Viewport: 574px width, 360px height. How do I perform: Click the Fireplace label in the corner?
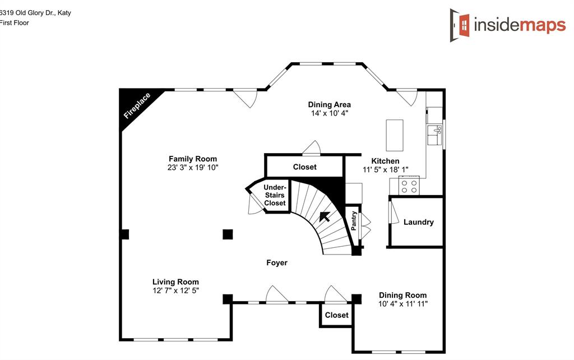(x=137, y=106)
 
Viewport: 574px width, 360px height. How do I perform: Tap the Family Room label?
(x=193, y=159)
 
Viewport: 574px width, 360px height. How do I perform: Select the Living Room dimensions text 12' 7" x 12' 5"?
(x=175, y=291)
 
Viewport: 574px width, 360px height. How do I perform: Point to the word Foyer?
(x=277, y=262)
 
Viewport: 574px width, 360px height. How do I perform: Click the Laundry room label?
(x=418, y=222)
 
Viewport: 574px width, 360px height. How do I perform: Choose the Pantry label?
(x=354, y=221)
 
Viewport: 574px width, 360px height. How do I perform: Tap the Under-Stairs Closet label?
(x=275, y=195)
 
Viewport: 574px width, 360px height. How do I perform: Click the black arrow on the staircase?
(x=325, y=217)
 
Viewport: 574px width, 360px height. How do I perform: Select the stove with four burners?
(x=409, y=186)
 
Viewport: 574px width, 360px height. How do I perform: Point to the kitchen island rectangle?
(x=395, y=135)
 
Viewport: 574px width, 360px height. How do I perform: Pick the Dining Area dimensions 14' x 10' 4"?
(x=330, y=113)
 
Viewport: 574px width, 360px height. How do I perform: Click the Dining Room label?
(x=402, y=295)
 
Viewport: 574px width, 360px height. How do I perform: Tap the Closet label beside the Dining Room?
(x=337, y=315)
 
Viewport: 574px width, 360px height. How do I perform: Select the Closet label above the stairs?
(x=304, y=167)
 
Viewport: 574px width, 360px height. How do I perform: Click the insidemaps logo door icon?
(x=460, y=25)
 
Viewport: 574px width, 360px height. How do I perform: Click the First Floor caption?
(x=14, y=22)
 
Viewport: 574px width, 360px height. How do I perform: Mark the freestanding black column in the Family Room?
(x=228, y=234)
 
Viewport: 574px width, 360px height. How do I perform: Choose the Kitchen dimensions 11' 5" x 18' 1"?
(x=386, y=169)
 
